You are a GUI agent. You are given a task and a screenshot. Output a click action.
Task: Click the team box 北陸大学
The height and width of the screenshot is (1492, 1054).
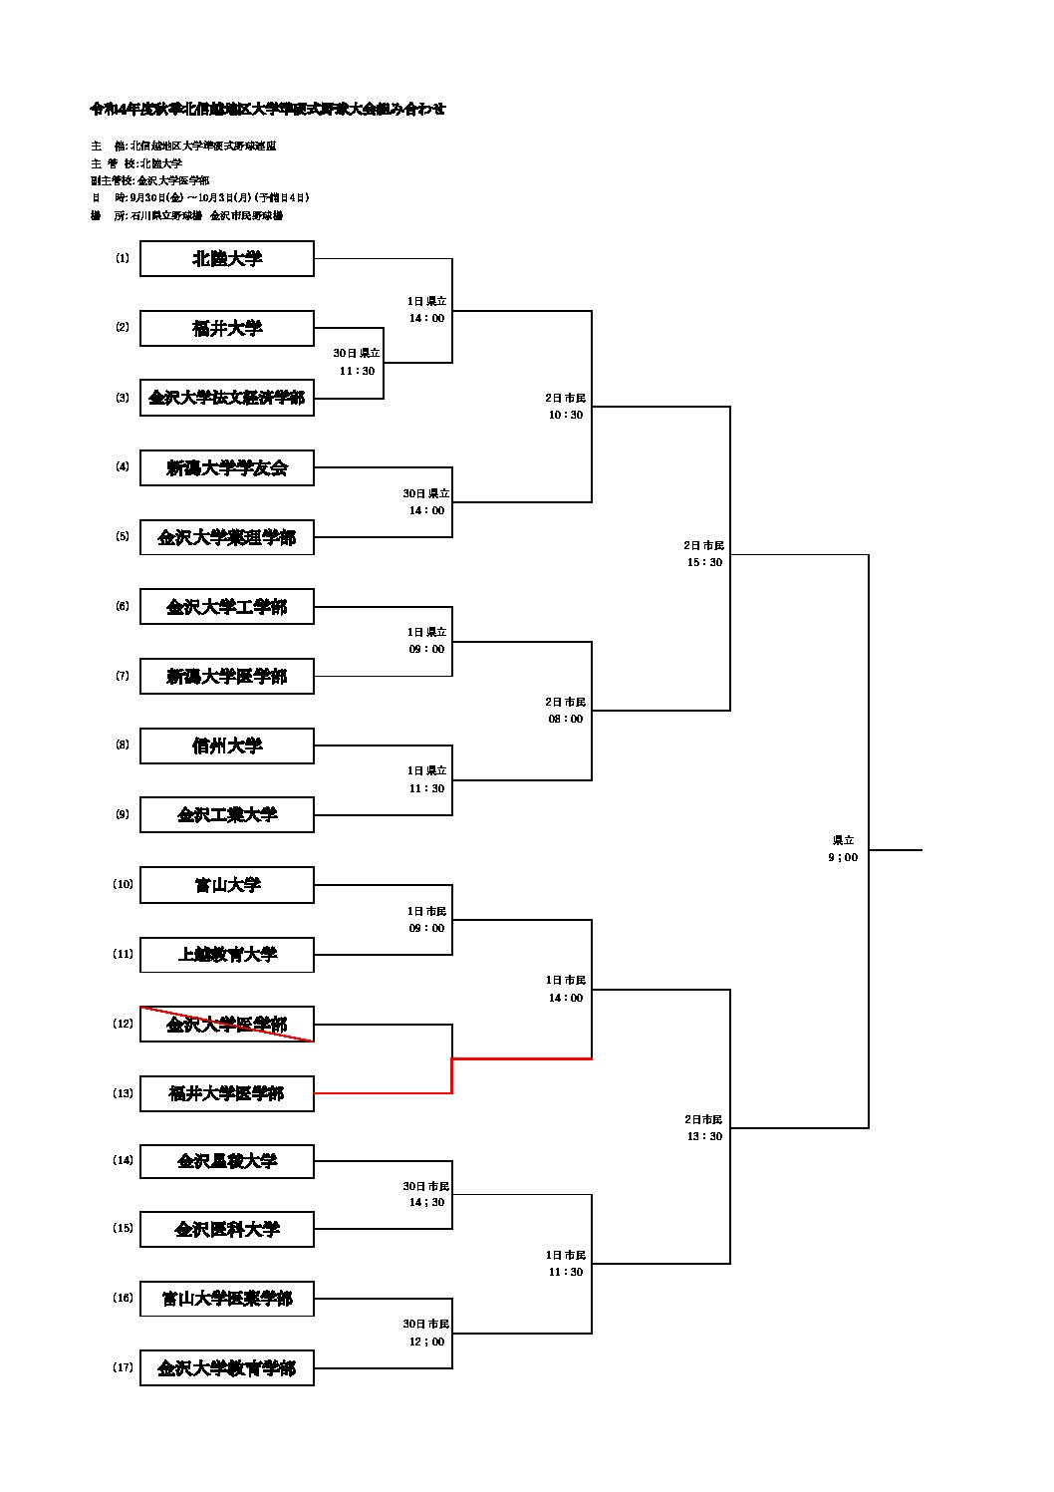[227, 259]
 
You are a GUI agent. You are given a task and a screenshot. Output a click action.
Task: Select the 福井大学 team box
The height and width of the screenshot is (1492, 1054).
[227, 328]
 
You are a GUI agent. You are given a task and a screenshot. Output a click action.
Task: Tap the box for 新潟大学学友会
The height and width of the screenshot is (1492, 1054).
[227, 467]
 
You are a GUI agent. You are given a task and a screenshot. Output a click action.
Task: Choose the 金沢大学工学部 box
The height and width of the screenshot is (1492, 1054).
[227, 607]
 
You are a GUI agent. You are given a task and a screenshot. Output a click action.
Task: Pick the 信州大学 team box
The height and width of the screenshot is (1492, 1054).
[227, 746]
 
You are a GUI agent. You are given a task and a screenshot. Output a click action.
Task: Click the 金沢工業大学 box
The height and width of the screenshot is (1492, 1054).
[227, 814]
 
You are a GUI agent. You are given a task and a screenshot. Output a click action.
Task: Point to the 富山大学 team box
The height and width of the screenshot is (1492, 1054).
[227, 884]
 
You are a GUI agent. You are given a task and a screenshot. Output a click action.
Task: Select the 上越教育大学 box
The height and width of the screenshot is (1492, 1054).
[227, 954]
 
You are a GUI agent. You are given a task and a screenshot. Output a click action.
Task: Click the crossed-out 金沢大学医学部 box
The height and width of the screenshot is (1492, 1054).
[227, 1025]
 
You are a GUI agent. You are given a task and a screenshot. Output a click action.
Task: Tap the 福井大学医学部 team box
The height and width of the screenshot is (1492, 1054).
[227, 1093]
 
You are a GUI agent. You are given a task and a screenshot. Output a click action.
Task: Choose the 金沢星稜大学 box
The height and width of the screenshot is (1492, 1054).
[227, 1161]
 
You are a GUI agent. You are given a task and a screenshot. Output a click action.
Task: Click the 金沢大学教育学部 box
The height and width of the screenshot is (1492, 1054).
[227, 1368]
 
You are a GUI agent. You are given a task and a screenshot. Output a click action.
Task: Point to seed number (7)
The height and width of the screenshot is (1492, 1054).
[123, 676]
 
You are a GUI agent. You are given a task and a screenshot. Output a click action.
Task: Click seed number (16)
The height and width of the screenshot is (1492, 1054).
[123, 1298]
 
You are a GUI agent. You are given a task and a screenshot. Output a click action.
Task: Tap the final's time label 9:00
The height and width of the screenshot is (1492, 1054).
[843, 857]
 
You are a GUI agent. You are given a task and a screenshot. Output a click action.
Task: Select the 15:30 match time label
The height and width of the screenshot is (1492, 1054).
[704, 562]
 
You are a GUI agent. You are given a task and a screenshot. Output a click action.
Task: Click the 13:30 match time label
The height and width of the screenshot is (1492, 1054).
[704, 1136]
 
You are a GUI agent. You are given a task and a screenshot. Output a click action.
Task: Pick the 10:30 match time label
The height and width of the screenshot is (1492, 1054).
[566, 415]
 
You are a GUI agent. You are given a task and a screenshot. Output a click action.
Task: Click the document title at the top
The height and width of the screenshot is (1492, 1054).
[268, 110]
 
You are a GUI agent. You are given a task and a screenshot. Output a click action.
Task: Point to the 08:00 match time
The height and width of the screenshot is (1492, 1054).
[566, 719]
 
